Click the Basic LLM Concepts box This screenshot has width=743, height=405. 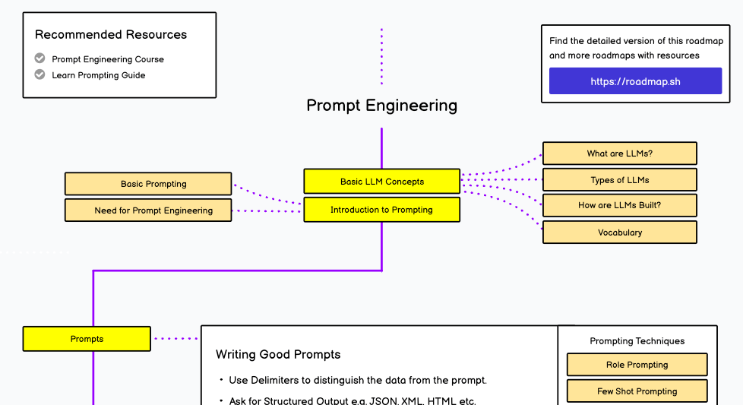(x=381, y=182)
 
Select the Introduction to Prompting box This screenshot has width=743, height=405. (x=381, y=210)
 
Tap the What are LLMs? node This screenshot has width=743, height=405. (x=619, y=153)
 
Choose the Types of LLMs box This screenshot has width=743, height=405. (x=619, y=180)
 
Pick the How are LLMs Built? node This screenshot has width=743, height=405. (x=619, y=205)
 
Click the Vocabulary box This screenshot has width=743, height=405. (x=619, y=233)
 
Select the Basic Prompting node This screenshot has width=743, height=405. (x=148, y=184)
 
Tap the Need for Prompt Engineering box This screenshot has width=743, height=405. (x=148, y=210)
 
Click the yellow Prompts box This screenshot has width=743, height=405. (x=87, y=339)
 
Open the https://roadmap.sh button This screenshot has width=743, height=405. (x=635, y=81)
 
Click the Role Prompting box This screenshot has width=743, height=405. (x=637, y=365)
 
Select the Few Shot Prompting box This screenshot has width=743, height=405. (x=637, y=391)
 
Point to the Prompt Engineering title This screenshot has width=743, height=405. (x=381, y=106)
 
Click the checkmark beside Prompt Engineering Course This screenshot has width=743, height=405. (x=40, y=59)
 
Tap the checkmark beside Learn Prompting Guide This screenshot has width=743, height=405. (x=40, y=74)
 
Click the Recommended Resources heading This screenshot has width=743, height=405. (x=111, y=34)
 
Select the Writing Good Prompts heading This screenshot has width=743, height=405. (x=278, y=354)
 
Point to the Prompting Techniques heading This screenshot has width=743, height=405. (x=637, y=341)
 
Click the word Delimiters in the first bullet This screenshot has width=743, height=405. (x=280, y=380)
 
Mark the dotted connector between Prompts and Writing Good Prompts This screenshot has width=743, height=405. (x=175, y=339)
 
